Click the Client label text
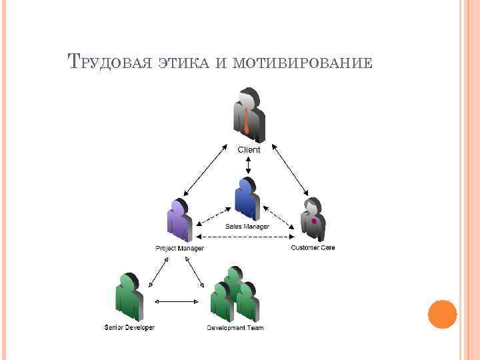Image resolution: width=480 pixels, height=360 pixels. pos(249,150)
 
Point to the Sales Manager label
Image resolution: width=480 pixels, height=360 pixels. pos(247,227)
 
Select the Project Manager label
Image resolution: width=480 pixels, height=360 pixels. pos(180,248)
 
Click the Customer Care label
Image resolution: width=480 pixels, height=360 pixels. pos(313,247)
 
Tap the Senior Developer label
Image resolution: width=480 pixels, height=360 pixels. pos(129,327)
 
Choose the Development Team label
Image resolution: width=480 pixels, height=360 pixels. pos(235,328)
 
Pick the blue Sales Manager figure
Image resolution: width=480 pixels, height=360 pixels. pos(246,198)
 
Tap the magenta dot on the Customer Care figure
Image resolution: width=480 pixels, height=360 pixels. pos(313,221)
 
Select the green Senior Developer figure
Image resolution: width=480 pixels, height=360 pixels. pos(129,297)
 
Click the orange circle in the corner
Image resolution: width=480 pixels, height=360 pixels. pos(442,315)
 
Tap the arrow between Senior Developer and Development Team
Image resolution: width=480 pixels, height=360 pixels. pos(177,301)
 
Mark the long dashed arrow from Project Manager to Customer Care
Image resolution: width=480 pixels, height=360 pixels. pos(247,237)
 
